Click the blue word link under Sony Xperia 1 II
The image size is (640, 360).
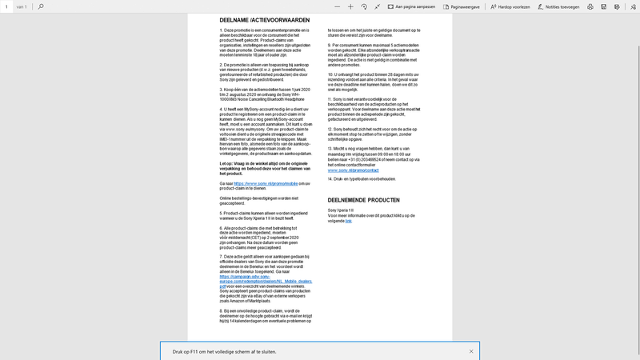[349, 220]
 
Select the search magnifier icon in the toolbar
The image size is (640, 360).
[41, 6]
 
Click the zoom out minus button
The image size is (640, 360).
[336, 6]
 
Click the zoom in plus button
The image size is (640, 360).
[350, 6]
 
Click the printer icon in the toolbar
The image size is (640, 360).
[590, 6]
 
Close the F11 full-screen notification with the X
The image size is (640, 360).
[471, 351]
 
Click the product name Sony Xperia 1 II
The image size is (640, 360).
[341, 210]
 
